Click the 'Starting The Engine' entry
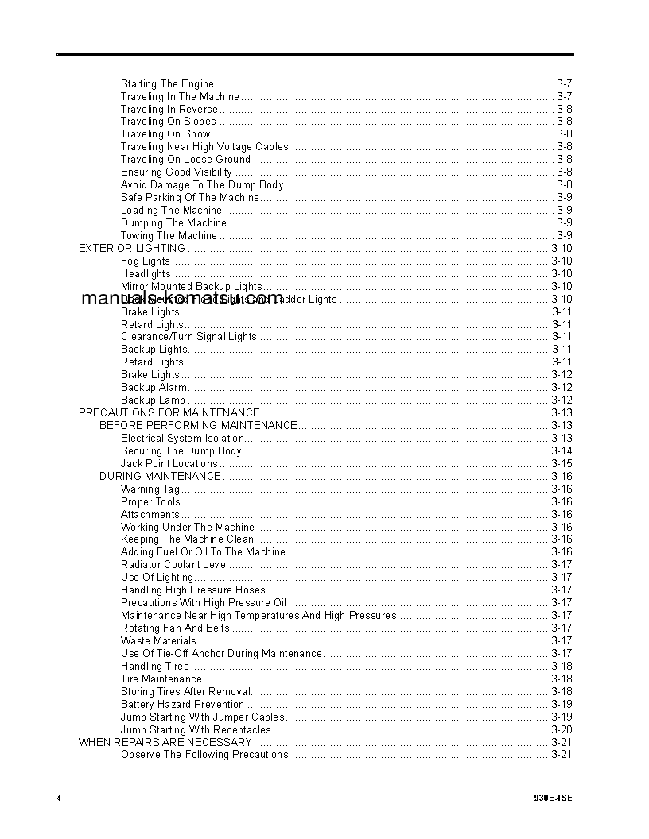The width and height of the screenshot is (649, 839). click(x=167, y=83)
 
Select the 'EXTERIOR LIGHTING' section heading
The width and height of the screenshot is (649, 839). click(x=131, y=248)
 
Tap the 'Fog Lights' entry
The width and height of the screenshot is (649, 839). click(x=146, y=261)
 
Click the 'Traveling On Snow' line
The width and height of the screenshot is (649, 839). click(x=165, y=134)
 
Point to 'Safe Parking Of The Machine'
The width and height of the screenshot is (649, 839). click(x=190, y=197)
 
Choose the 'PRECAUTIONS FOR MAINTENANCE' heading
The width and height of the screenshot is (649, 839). click(x=169, y=412)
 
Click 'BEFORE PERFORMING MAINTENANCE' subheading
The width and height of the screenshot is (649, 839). click(x=198, y=425)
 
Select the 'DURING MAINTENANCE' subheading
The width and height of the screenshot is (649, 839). click(x=160, y=476)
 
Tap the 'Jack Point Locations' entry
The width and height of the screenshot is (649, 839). click(x=169, y=463)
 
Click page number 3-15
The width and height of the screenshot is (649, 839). click(x=562, y=463)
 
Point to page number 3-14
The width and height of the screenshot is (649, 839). click(x=562, y=450)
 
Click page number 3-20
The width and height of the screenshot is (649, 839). click(x=562, y=729)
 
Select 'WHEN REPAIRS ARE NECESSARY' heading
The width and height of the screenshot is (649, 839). click(x=165, y=742)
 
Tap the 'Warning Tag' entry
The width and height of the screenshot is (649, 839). click(x=150, y=489)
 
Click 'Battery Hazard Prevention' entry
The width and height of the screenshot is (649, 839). click(x=182, y=704)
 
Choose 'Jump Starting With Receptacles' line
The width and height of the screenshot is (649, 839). click(x=196, y=729)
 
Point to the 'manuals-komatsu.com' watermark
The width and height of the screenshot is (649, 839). click(x=181, y=299)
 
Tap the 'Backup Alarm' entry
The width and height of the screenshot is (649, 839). click(x=154, y=387)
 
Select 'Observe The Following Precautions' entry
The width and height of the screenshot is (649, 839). click(x=204, y=755)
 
